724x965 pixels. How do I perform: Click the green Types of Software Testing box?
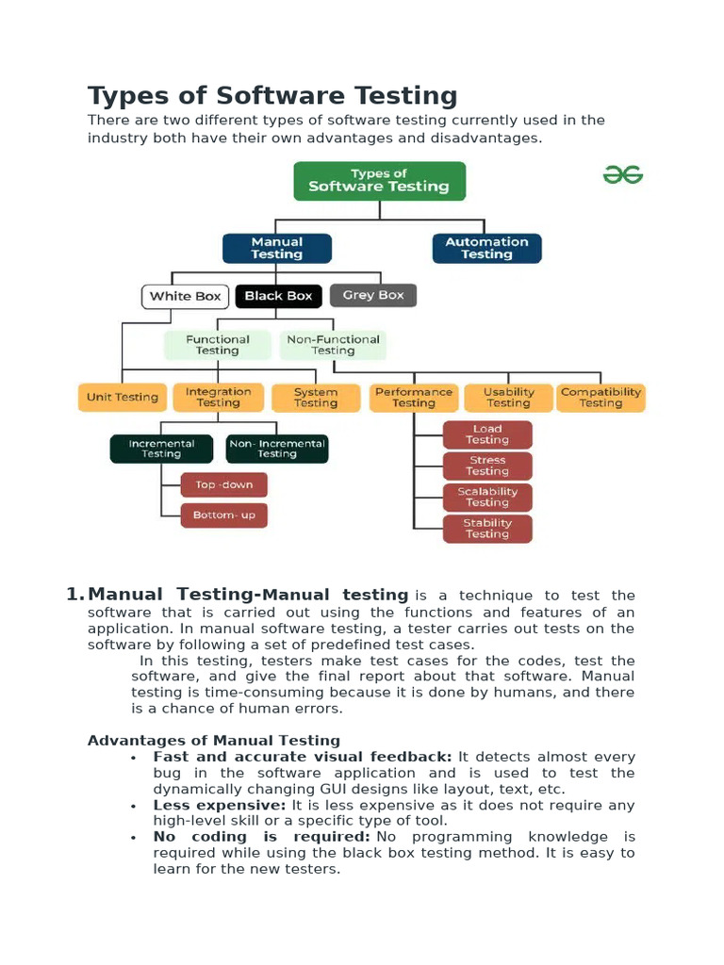coord(379,180)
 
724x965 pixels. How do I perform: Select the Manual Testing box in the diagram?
coord(277,248)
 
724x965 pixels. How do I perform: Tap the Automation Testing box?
coord(486,248)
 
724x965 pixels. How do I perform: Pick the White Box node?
coord(185,296)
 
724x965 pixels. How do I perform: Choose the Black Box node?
coord(278,296)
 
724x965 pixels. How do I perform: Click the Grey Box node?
coord(373,295)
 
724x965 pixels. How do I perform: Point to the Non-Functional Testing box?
coord(333,345)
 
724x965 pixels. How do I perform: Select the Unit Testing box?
coord(123,397)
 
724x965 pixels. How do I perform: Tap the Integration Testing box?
coord(218,397)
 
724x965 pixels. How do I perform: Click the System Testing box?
coord(315,398)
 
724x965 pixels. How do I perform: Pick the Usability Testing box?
coord(508,398)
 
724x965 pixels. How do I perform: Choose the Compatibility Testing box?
coord(601,398)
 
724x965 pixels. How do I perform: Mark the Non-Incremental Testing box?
coord(277,449)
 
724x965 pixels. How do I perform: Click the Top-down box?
coord(224,484)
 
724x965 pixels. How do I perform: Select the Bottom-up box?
coord(224,515)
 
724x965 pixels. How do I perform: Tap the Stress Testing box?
coord(487,466)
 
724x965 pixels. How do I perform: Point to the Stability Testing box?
coord(487,529)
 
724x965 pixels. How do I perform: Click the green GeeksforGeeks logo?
coord(623,174)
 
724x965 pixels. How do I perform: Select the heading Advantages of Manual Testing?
coord(214,741)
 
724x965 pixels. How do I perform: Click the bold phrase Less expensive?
coord(220,806)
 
